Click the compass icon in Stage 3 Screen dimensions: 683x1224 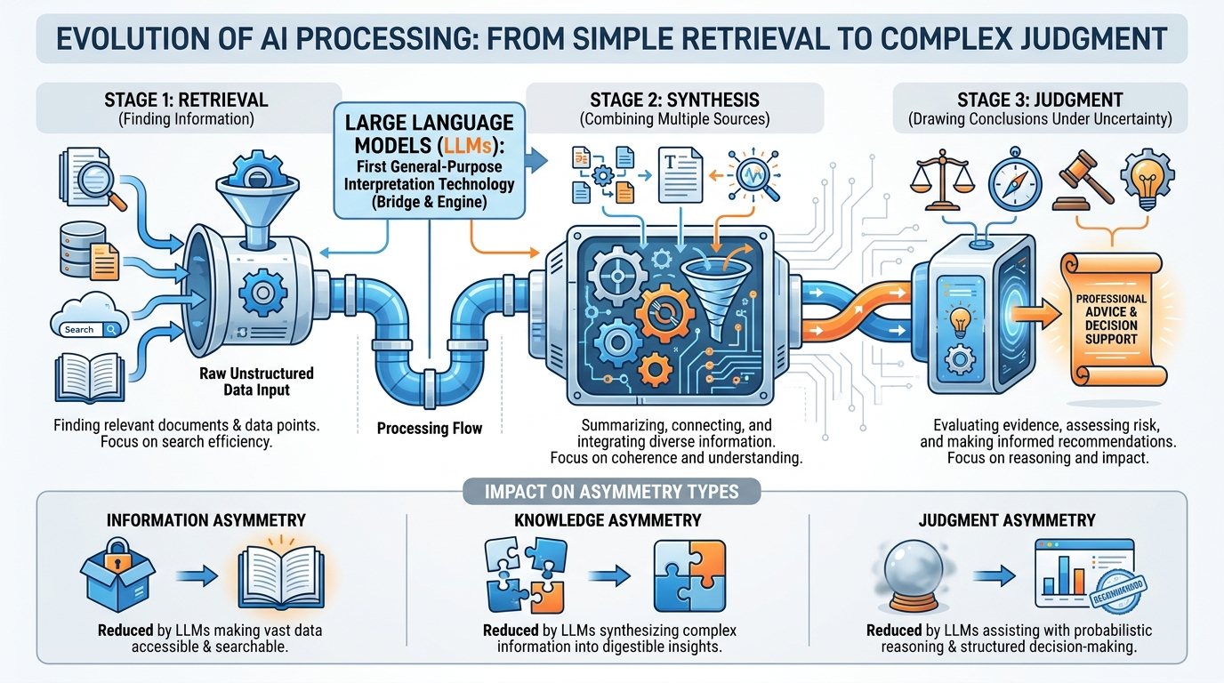click(1014, 182)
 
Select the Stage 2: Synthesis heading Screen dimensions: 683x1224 click(674, 100)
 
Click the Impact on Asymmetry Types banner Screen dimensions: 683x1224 click(611, 491)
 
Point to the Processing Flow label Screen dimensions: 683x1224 click(430, 429)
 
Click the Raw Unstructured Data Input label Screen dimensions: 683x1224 click(257, 382)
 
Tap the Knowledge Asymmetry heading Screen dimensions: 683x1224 click(608, 520)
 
